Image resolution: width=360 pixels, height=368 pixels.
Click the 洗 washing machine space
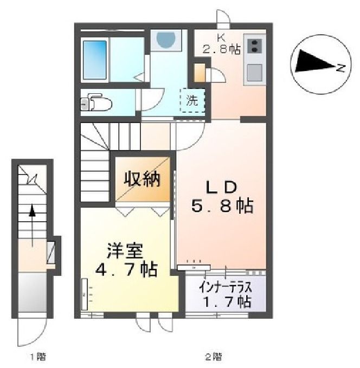coord(192,100)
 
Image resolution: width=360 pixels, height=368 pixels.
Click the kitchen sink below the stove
coord(255,71)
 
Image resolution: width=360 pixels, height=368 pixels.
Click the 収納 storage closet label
coord(143,178)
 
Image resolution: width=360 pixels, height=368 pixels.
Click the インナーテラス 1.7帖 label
coord(225,292)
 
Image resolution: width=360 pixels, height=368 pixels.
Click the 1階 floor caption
coord(37,357)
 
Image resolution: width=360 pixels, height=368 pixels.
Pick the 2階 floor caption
coord(213,357)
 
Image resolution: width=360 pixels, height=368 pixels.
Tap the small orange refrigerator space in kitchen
coord(200,73)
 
